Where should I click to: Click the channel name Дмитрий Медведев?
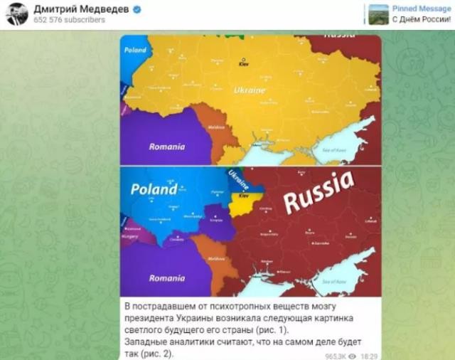click(x=80, y=9)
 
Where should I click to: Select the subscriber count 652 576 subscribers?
click(x=70, y=20)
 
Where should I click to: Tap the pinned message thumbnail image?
click(x=378, y=14)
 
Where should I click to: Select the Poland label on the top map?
click(x=135, y=50)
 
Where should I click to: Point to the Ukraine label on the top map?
click(x=249, y=91)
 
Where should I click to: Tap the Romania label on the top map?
click(x=167, y=147)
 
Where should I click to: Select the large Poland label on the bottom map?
click(x=154, y=190)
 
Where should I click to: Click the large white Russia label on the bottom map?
click(x=318, y=192)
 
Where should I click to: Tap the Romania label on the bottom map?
click(x=167, y=278)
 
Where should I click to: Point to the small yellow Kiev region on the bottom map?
click(x=243, y=203)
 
